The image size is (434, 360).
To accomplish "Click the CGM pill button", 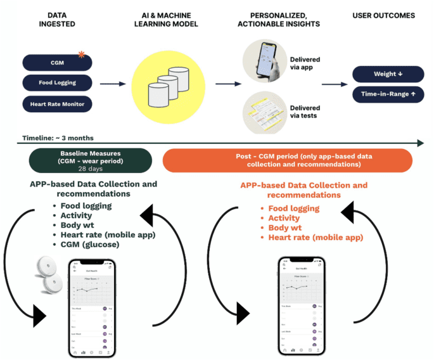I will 57,63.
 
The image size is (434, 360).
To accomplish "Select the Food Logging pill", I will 57,82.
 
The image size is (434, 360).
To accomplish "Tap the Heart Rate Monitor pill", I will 57,103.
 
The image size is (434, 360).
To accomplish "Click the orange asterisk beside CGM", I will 81,55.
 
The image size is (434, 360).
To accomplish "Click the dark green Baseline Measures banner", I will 90,160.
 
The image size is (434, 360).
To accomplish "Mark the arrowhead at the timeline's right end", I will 420,144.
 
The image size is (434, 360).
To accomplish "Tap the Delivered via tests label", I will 304,112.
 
